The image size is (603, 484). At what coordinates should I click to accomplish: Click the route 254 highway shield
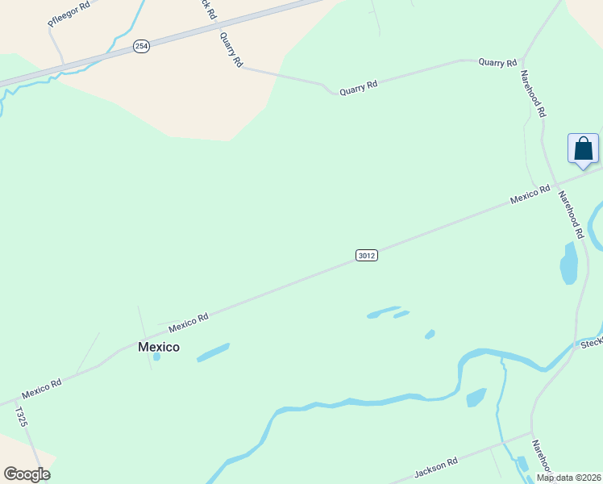(142, 47)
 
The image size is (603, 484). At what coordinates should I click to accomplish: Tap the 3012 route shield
(366, 256)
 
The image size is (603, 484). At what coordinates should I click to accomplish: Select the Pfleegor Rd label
(69, 15)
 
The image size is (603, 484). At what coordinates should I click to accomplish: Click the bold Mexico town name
(159, 347)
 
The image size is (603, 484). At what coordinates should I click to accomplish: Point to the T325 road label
(21, 417)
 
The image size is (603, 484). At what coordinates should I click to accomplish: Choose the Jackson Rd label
(435, 467)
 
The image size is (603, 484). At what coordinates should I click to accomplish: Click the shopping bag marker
(583, 149)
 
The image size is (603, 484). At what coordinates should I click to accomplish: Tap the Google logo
(27, 474)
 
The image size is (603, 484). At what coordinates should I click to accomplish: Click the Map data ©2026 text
(568, 478)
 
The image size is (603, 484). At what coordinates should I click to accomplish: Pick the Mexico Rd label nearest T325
(42, 389)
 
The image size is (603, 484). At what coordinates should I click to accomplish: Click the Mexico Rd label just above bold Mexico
(189, 323)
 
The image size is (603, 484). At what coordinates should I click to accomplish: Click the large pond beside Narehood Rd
(569, 265)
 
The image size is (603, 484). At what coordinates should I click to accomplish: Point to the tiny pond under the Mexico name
(157, 357)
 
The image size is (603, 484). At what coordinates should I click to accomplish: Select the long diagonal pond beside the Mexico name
(213, 353)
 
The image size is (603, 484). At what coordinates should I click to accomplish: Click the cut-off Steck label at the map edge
(592, 343)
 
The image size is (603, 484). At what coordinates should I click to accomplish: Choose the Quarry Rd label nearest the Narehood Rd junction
(497, 62)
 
